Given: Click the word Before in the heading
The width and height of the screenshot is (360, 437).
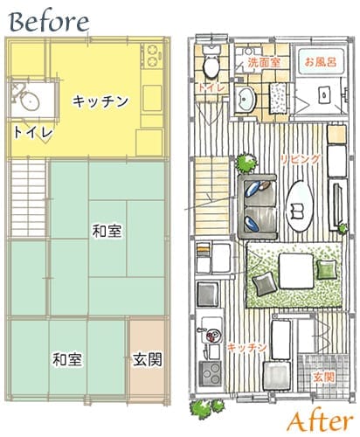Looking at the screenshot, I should click(x=49, y=18).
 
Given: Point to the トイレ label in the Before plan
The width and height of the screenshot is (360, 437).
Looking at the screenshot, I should click(x=33, y=133).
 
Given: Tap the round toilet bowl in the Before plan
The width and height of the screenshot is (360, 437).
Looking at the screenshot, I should click(x=29, y=100).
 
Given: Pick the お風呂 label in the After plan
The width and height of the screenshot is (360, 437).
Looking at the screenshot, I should click(x=320, y=63).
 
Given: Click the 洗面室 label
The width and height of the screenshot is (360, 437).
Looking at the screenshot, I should click(x=262, y=63).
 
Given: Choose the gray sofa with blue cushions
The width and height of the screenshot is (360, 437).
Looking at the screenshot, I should click(x=256, y=203).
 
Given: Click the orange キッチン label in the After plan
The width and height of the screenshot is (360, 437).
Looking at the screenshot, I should click(x=246, y=348).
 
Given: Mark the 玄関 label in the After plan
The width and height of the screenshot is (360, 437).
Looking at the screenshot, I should click(x=322, y=377).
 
